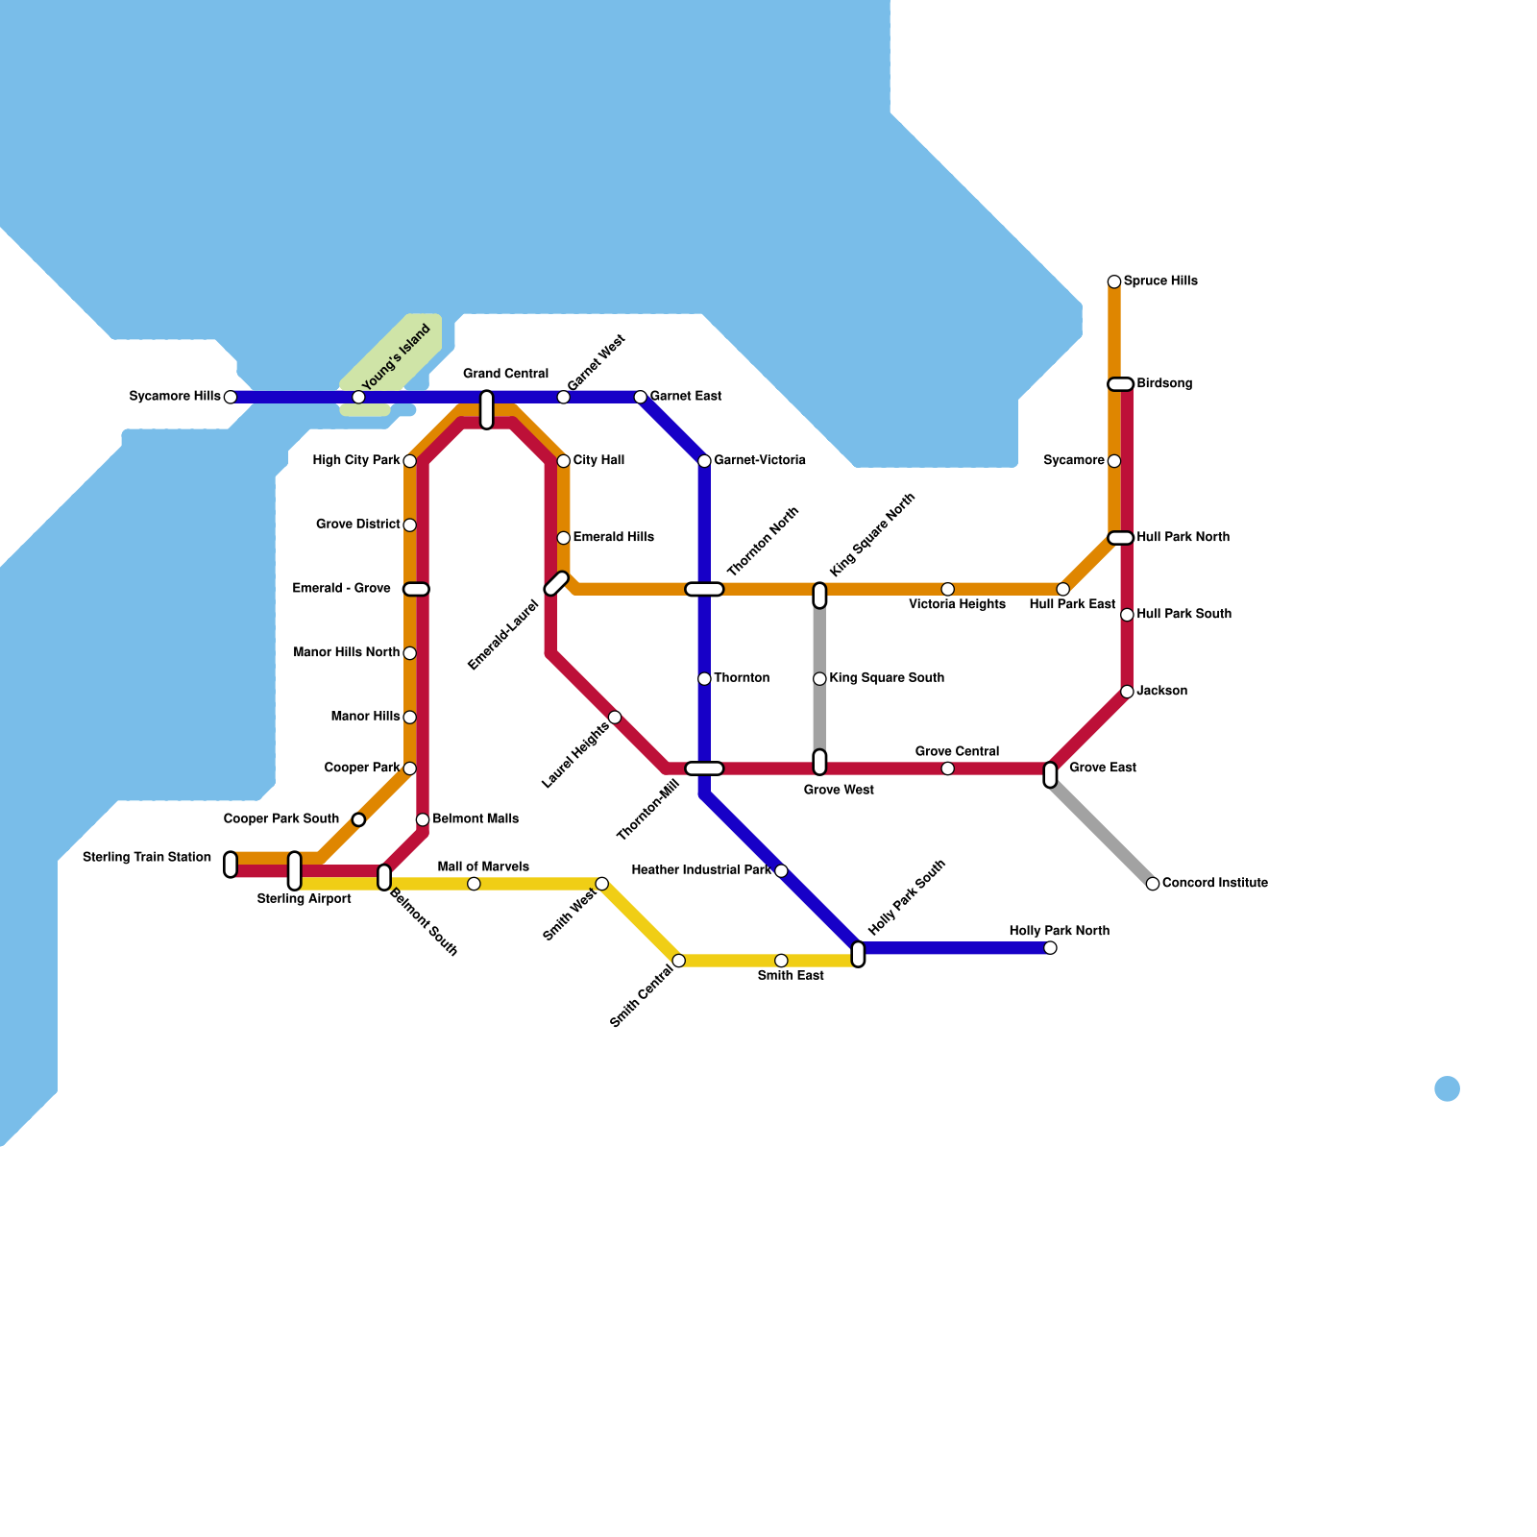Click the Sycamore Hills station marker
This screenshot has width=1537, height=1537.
point(230,397)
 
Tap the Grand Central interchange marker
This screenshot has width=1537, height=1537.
point(486,409)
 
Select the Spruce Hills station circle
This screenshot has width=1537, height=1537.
point(1113,281)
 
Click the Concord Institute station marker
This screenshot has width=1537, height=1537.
point(1152,884)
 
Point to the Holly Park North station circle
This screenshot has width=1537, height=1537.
point(1050,948)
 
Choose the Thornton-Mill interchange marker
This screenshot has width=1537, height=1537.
point(704,768)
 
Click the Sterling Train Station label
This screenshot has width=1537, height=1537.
point(147,857)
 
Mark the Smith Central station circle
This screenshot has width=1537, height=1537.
point(678,961)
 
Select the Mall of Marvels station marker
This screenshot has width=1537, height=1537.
point(474,884)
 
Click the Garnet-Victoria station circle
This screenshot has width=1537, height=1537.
point(704,461)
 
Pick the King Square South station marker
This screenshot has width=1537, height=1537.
point(819,679)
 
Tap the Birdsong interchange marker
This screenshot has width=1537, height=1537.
point(1120,384)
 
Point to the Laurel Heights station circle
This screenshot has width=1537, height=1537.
point(615,718)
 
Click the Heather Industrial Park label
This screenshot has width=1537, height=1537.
point(701,870)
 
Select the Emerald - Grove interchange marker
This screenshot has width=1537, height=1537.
point(416,589)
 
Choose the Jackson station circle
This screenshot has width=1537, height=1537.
point(1127,692)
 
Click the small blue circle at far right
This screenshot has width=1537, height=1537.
point(1447,1088)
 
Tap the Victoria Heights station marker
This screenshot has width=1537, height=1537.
point(947,589)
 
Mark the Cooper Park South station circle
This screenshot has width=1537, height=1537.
point(358,819)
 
